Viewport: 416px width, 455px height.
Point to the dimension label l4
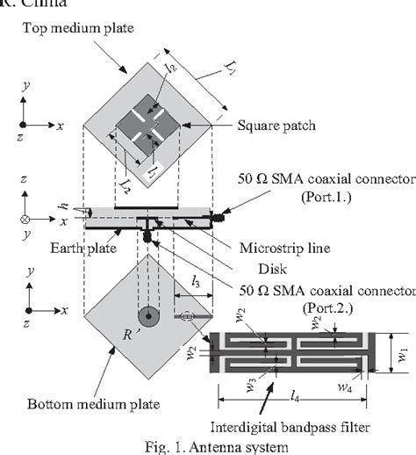296,390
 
